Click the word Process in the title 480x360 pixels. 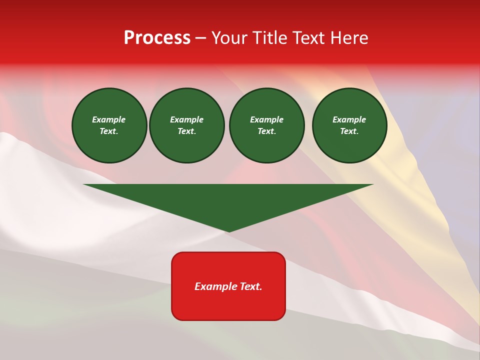tap(157, 38)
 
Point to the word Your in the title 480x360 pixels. tap(229, 38)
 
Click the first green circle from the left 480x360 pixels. tap(109, 125)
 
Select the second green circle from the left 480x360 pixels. tap(186, 125)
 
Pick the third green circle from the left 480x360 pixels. tap(266, 125)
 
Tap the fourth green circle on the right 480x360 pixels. tap(349, 125)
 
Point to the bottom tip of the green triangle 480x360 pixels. tap(228, 231)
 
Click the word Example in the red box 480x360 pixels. tap(215, 286)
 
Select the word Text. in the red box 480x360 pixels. tap(251, 286)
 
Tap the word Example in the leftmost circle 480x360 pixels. tap(109, 119)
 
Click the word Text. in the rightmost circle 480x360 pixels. tap(349, 131)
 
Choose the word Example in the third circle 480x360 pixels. tap(266, 119)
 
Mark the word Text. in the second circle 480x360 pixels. tap(186, 131)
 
